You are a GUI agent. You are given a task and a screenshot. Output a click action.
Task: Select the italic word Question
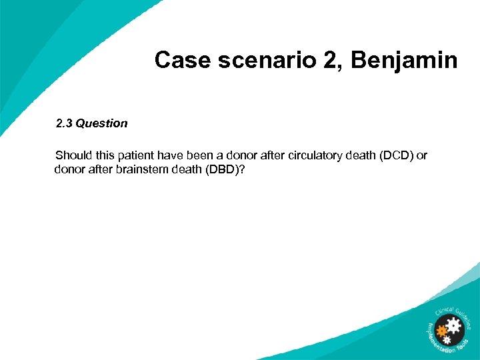click(101, 123)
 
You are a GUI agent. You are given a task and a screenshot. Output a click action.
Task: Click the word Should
click(73, 156)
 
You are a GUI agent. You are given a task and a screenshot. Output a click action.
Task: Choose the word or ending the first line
click(421, 156)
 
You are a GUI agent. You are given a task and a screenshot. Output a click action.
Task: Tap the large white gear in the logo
click(455, 327)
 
